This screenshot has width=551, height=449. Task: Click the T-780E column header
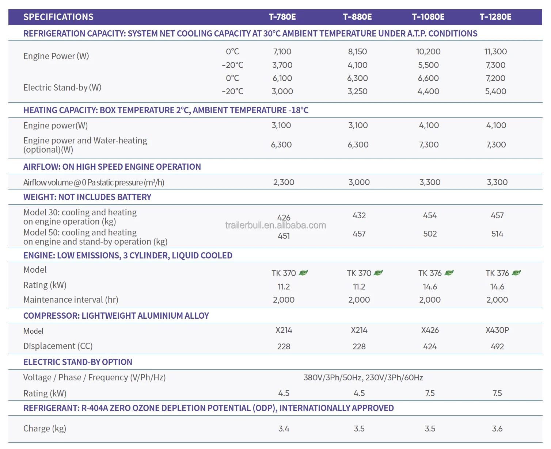282,17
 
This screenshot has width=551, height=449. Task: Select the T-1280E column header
495,17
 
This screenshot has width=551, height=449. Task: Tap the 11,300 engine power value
495,51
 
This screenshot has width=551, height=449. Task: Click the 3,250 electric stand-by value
357,91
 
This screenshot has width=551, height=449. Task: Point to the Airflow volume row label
94,182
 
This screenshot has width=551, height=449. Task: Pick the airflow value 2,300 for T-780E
284,182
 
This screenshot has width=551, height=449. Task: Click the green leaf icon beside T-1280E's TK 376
516,273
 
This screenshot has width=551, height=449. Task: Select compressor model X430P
497,330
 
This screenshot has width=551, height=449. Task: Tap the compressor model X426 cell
430,330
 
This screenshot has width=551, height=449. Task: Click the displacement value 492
497,346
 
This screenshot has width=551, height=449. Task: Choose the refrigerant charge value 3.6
497,429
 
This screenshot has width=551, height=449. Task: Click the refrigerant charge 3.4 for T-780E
284,429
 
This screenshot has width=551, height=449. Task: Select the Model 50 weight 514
497,234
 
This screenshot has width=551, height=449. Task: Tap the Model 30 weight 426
284,218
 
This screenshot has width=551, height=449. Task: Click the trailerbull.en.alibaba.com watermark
275,225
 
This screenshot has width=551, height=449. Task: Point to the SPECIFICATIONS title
58,17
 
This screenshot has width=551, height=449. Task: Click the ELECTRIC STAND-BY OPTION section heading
78,362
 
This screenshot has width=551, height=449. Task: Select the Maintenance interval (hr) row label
71,300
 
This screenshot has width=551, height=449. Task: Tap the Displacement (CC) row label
58,346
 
